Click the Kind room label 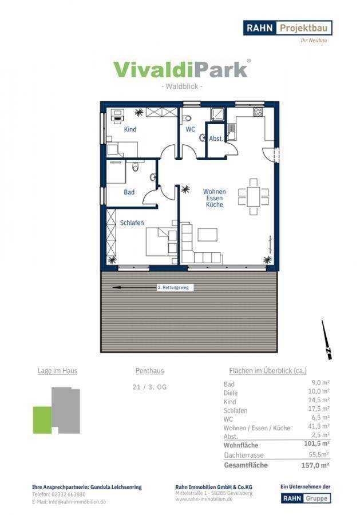(130, 129)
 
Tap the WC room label (190, 129)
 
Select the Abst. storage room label (216, 138)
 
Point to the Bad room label (129, 192)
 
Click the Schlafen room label (132, 223)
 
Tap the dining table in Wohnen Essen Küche (254, 196)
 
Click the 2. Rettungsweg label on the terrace (173, 287)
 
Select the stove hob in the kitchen (258, 112)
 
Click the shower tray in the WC (217, 114)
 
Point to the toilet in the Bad (135, 167)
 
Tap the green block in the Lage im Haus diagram (42, 420)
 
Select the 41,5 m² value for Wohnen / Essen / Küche (319, 426)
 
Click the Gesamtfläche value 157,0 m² (315, 465)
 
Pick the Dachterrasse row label (244, 455)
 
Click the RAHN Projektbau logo (287, 28)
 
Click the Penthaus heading (149, 370)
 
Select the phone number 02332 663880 (68, 494)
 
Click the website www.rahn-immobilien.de (204, 499)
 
